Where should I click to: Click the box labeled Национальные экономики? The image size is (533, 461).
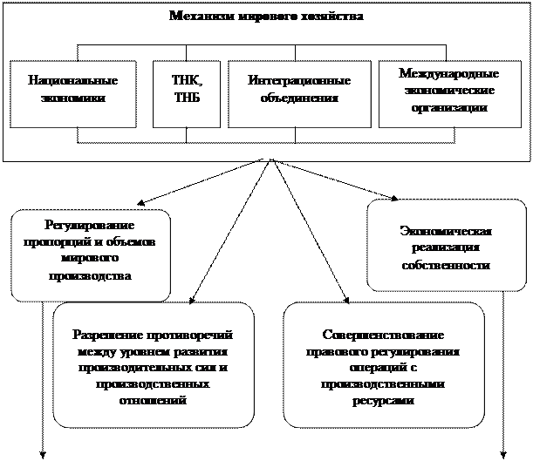pos(72,94)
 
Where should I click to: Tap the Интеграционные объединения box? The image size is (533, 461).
pos(299,94)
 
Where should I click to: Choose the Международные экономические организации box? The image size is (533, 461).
pos(448,94)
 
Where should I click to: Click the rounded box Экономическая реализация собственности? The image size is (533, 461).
pos(446,246)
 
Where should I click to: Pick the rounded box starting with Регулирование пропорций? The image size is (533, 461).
pos(91,254)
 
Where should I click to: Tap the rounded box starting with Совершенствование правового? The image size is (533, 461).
pos(384,364)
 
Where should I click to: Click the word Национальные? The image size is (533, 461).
pos(72,80)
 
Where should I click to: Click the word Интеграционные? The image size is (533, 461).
pos(299,80)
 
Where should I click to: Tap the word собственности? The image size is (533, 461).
pos(446,265)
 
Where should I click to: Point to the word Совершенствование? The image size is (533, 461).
pos(384,336)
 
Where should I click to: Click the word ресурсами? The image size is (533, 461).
pos(384,400)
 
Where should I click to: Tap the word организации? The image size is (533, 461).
pos(448,107)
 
